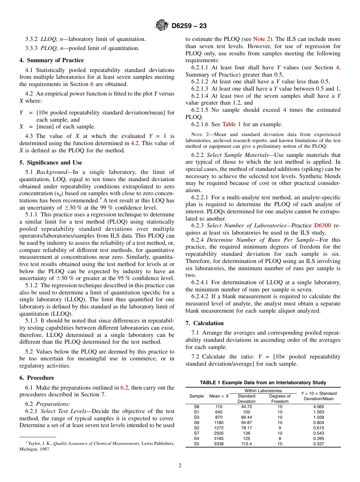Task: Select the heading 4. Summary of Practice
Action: point(52,60)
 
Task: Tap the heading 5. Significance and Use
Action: point(51,163)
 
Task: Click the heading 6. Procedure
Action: point(37,378)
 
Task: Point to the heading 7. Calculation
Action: point(205,323)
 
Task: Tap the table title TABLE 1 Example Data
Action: point(263,382)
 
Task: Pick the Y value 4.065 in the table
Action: point(318,407)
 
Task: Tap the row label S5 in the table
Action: point(196,444)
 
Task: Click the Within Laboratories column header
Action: point(263,391)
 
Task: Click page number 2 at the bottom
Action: point(180,466)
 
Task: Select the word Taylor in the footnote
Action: point(34,444)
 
